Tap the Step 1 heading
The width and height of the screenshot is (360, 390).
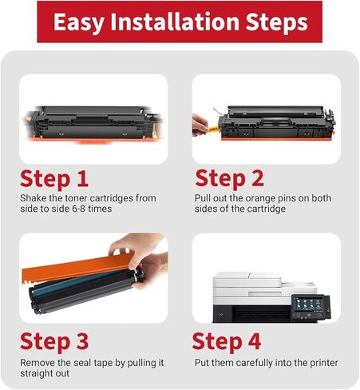pyautogui.click(x=54, y=179)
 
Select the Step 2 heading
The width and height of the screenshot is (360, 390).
pyautogui.click(x=229, y=178)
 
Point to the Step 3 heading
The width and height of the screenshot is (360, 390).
pyautogui.click(x=54, y=341)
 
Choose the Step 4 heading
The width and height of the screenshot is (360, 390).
pyautogui.click(x=227, y=341)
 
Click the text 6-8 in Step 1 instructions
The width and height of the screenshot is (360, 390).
pyautogui.click(x=78, y=209)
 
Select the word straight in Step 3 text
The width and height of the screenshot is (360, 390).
pyautogui.click(x=33, y=373)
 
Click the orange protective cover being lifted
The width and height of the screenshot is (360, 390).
pyautogui.click(x=77, y=268)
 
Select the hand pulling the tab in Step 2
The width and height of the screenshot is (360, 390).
pyautogui.click(x=200, y=125)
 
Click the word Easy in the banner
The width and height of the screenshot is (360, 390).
pyautogui.click(x=79, y=22)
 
